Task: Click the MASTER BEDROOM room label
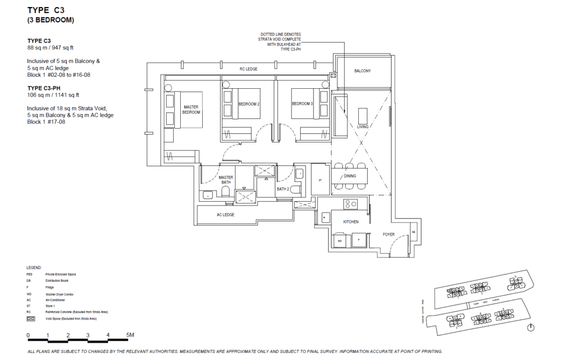(191, 110)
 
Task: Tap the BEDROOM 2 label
(249, 104)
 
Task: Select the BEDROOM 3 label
(302, 104)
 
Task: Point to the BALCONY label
(362, 71)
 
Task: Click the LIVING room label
(363, 127)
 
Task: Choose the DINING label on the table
(350, 176)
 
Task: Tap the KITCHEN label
(351, 222)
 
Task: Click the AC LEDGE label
(225, 215)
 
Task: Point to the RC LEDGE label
(248, 69)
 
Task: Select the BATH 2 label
(283, 189)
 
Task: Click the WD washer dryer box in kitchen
(340, 241)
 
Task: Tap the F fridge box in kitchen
(358, 241)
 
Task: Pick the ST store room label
(320, 180)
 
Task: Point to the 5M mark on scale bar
(130, 334)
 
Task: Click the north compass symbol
(530, 328)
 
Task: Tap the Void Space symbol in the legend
(31, 318)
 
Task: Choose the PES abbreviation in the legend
(29, 273)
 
